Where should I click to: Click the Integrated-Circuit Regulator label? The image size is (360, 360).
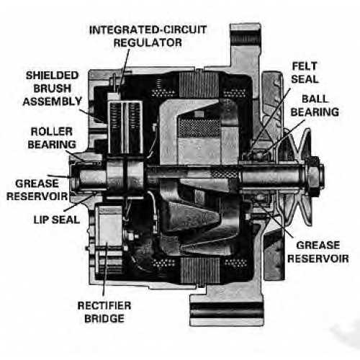(148, 36)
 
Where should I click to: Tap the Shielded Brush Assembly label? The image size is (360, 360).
(53, 89)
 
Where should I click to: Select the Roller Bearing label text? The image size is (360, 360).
(52, 138)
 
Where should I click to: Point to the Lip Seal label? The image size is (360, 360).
(57, 220)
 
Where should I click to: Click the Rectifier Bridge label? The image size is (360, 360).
(104, 312)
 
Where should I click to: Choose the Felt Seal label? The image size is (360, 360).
(305, 73)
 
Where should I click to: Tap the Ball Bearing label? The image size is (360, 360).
(315, 105)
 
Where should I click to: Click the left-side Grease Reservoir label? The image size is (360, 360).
(37, 190)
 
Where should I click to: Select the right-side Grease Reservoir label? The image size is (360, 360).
(318, 252)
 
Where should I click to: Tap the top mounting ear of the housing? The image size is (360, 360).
(245, 45)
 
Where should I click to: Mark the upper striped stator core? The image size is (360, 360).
(199, 85)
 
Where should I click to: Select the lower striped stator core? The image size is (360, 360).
(200, 270)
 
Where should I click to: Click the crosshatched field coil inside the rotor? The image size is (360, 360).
(199, 127)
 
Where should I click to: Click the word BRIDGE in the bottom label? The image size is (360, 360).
(104, 318)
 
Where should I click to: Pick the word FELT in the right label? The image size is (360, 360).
(305, 66)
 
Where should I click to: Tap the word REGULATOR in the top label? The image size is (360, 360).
(148, 42)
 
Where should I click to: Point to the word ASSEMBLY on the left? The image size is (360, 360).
(53, 102)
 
